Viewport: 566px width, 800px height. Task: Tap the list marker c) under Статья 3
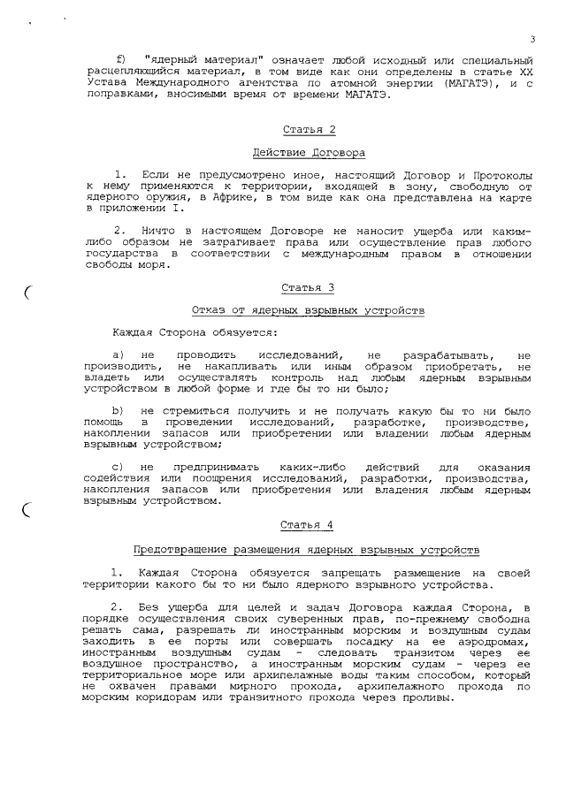pos(117,467)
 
